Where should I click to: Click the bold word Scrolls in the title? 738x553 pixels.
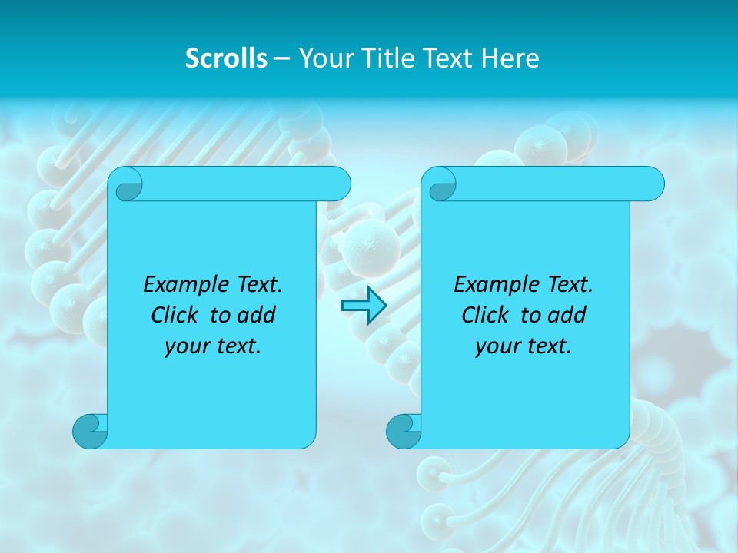pos(226,58)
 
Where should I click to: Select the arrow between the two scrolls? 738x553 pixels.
pos(364,306)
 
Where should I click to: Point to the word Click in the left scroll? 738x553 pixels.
pos(176,315)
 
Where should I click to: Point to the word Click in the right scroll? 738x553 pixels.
pos(487,315)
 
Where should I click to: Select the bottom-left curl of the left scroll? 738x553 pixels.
pos(91,431)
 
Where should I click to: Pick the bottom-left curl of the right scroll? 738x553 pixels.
pos(404,431)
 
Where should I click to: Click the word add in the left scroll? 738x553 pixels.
pos(257,315)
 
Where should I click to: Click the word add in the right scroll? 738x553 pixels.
pos(567,315)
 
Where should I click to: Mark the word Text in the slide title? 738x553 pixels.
pos(450,58)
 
